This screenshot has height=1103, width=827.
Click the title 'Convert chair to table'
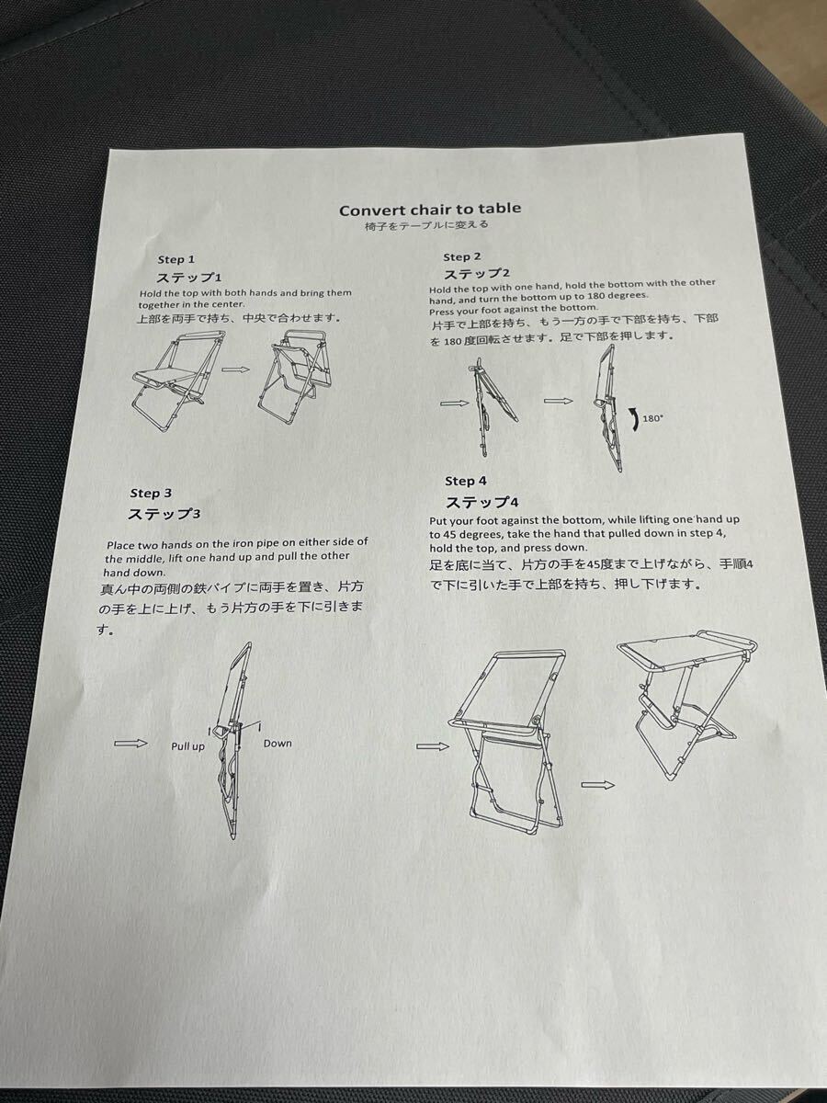tap(430, 209)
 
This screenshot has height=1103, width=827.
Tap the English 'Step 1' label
tap(176, 260)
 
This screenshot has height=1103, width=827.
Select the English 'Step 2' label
tap(462, 256)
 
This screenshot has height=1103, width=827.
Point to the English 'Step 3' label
tap(151, 494)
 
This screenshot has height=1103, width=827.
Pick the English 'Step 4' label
tap(466, 481)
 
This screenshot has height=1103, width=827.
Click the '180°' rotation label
tap(651, 418)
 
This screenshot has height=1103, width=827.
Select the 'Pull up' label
tap(187, 746)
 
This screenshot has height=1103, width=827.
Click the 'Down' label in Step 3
tap(278, 744)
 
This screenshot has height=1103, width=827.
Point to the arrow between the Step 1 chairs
tap(235, 370)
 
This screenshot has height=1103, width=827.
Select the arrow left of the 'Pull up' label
tap(130, 744)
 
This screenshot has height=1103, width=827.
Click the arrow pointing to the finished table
tap(597, 785)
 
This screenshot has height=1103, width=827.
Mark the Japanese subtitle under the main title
tap(426, 225)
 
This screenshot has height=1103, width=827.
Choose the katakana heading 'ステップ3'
tap(164, 514)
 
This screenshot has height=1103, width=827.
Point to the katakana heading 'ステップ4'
tap(482, 503)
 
